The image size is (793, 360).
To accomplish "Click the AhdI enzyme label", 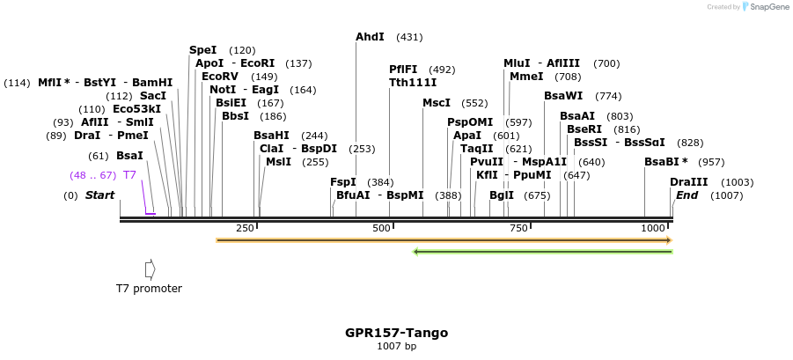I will (x=370, y=37).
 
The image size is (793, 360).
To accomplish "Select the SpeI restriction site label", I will (x=202, y=50).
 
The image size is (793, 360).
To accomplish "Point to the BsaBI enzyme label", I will (x=663, y=162).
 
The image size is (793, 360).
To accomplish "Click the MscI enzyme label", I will (x=437, y=103).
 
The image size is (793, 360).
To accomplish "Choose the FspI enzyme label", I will (x=343, y=181).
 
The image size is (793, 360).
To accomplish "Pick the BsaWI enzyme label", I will (x=563, y=95).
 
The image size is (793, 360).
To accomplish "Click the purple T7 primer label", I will (x=129, y=175).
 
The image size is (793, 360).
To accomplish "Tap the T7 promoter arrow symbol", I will (x=150, y=268).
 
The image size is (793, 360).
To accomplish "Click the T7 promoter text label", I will (x=149, y=288).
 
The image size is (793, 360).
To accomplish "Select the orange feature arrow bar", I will (x=444, y=239).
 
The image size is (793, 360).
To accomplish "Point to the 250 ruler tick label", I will (x=245, y=228).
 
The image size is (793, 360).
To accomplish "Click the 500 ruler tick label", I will (x=381, y=228).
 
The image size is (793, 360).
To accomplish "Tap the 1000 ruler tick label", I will (x=653, y=228).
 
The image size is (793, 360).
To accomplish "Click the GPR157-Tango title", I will (x=396, y=333).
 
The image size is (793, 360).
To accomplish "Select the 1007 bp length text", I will (x=396, y=346).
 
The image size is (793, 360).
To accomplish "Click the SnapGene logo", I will (x=764, y=7).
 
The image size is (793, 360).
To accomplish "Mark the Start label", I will (x=99, y=195).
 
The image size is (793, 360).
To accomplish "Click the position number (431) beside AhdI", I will (x=409, y=37).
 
